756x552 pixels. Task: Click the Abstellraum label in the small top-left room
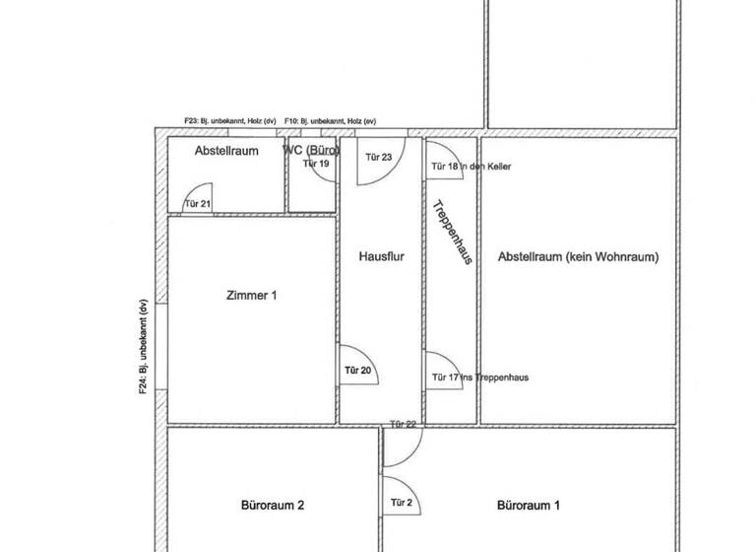tap(226, 151)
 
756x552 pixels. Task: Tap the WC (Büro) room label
tap(311, 150)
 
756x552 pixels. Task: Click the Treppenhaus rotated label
tap(452, 233)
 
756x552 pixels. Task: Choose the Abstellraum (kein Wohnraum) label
tap(578, 257)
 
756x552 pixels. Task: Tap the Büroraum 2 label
tap(273, 506)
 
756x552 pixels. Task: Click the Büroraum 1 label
tap(529, 506)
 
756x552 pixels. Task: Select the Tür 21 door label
tap(198, 204)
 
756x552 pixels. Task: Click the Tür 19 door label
tap(316, 164)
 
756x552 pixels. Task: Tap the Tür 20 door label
tap(357, 371)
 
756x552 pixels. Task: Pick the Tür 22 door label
tap(404, 424)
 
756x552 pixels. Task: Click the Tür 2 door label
tap(402, 503)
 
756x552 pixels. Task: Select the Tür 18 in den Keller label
tap(472, 167)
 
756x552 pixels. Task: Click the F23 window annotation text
tap(229, 120)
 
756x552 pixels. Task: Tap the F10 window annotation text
tap(330, 120)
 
